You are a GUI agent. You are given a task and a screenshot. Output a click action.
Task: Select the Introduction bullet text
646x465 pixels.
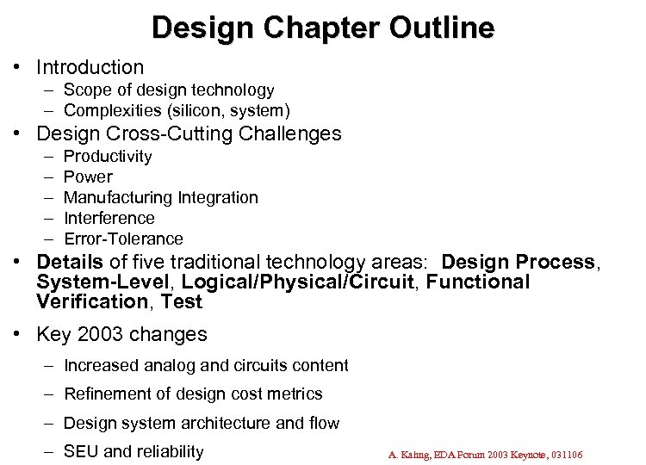tap(90, 66)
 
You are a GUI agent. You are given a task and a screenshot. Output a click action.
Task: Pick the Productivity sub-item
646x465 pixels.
tap(108, 156)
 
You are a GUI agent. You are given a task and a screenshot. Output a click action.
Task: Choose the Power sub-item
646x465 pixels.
tap(88, 177)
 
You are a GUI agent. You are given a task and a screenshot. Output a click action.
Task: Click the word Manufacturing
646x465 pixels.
tap(119, 197)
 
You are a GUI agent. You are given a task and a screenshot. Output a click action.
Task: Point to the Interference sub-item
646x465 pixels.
tap(109, 218)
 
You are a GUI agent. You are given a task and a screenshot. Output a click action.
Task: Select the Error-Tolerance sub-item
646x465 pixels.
tap(123, 239)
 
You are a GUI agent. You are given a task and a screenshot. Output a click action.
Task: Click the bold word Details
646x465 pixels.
tap(70, 262)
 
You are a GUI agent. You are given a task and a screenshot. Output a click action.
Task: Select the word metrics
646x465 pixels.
tap(296, 394)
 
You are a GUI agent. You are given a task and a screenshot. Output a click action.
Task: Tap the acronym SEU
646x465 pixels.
tap(81, 451)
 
